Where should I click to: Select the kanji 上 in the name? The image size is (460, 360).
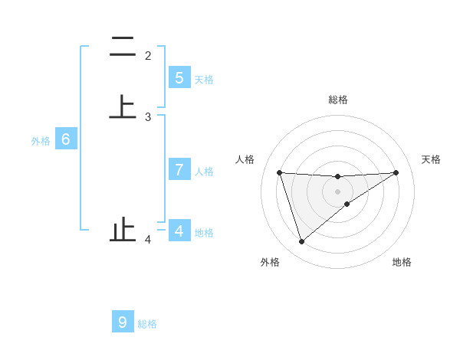click(x=123, y=106)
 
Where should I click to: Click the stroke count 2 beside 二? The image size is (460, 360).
click(x=148, y=56)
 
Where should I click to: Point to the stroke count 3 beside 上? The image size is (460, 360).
click(x=148, y=117)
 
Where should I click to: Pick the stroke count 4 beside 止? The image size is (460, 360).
click(x=148, y=240)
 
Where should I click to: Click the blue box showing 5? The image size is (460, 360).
click(x=179, y=78)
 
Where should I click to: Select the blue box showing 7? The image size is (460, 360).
click(x=179, y=170)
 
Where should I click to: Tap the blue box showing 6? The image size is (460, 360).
click(x=66, y=140)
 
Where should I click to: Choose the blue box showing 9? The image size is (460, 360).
click(x=123, y=322)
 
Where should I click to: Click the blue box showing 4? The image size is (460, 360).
click(x=179, y=231)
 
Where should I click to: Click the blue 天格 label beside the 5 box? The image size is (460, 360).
click(x=204, y=79)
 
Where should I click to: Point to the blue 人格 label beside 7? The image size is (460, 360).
click(x=204, y=171)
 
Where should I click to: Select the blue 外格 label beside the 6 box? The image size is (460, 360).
click(x=41, y=141)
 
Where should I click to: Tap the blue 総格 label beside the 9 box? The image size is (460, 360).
click(x=147, y=324)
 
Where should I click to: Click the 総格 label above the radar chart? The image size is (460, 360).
click(x=338, y=100)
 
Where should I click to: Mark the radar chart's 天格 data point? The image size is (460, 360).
click(x=396, y=172)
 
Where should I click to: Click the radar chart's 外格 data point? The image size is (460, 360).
click(x=301, y=242)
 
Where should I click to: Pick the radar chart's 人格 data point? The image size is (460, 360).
click(x=280, y=172)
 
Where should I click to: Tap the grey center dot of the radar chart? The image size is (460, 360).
click(x=338, y=191)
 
